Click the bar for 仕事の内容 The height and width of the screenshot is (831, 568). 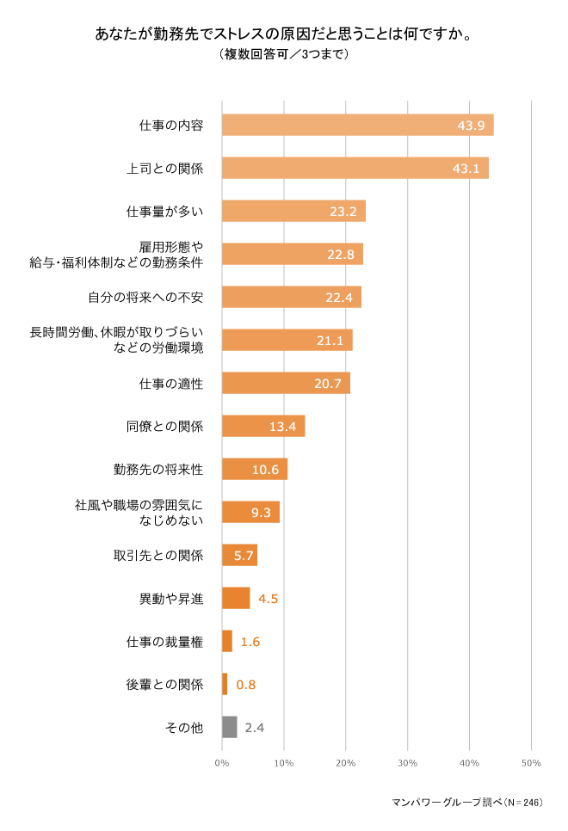[x=357, y=125]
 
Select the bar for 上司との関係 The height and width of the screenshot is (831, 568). [x=355, y=168]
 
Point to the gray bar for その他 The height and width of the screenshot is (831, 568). [x=230, y=727]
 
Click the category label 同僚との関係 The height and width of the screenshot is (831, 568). [x=164, y=426]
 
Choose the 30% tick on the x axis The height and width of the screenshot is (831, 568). [x=408, y=763]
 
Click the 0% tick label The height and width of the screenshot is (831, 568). [x=221, y=763]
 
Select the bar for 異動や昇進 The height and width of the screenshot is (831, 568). [x=236, y=598]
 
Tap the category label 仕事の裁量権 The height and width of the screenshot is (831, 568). [x=164, y=641]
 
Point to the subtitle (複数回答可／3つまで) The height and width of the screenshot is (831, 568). [x=284, y=54]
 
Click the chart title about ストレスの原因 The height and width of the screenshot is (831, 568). [x=284, y=34]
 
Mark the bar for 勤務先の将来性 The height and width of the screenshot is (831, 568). [x=254, y=469]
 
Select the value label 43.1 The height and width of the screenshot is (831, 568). [x=466, y=169]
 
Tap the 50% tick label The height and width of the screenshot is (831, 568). [x=531, y=763]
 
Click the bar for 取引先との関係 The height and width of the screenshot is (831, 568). [x=239, y=555]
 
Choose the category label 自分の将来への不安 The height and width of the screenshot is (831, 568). [x=145, y=297]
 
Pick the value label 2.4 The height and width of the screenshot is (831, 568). [x=254, y=728]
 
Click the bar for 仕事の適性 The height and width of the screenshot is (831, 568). [x=286, y=383]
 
